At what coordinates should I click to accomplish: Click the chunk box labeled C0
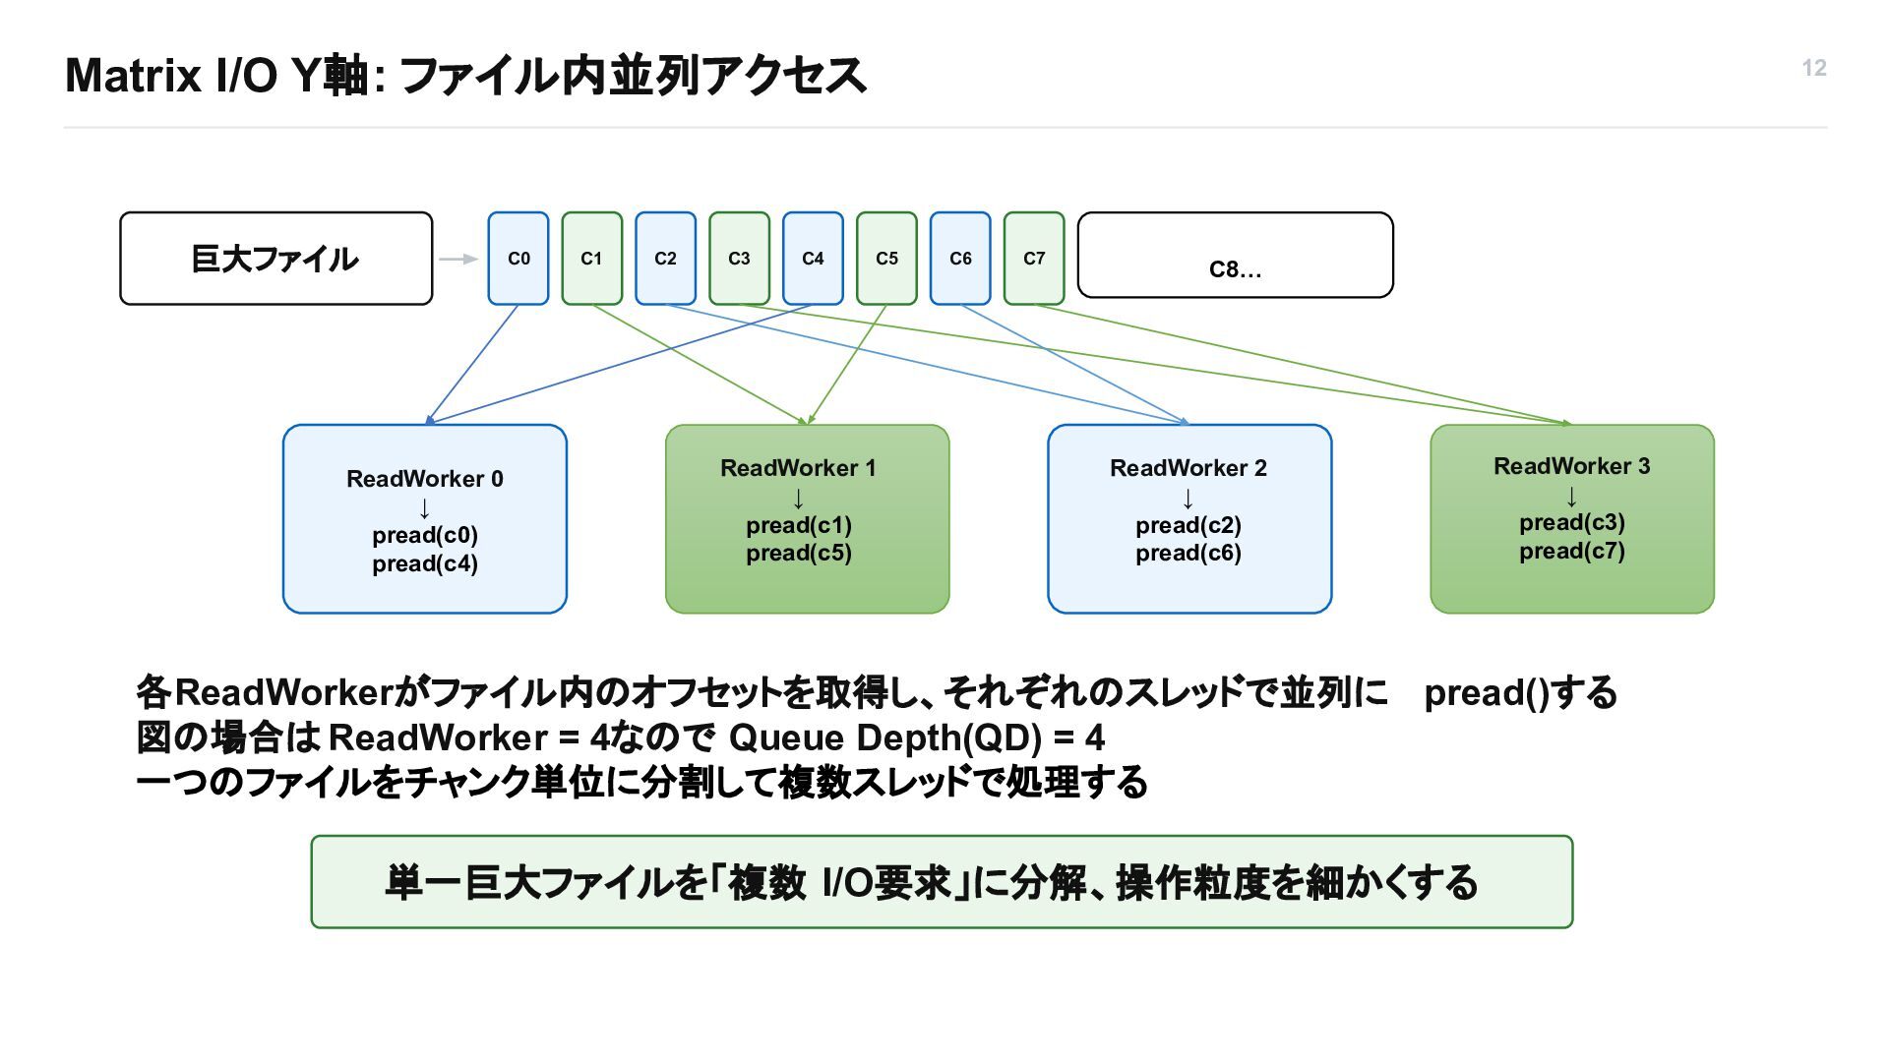tap(518, 259)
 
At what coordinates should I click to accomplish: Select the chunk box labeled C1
tap(591, 259)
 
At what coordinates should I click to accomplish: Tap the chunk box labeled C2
tap(665, 259)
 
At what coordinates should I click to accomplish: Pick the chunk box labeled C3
tap(739, 259)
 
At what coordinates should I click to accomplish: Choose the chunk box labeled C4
tap(813, 259)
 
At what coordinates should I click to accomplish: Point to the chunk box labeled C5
tap(886, 259)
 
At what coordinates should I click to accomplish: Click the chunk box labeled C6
tap(960, 259)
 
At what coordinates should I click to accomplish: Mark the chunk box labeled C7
tap(1034, 259)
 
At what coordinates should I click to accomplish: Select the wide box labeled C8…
tap(1236, 255)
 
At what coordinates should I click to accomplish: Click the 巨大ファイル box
tap(276, 259)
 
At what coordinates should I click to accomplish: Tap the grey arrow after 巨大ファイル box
tap(458, 259)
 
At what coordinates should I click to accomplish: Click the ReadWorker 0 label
tap(425, 479)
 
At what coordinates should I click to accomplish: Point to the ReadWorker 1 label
tap(798, 468)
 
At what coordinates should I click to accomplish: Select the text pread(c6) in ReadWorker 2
tap(1188, 553)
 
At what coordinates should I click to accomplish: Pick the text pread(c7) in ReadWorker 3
tap(1572, 551)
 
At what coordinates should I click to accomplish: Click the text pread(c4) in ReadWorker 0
tap(425, 563)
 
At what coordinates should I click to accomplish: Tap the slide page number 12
tap(1814, 68)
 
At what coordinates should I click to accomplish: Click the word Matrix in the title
tap(133, 76)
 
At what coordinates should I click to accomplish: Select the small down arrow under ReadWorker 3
tap(1571, 496)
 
